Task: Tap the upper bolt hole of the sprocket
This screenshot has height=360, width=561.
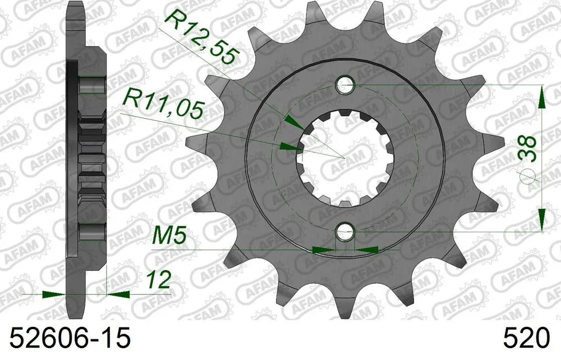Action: point(345,86)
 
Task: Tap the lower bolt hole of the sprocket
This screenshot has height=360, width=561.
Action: point(345,231)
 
